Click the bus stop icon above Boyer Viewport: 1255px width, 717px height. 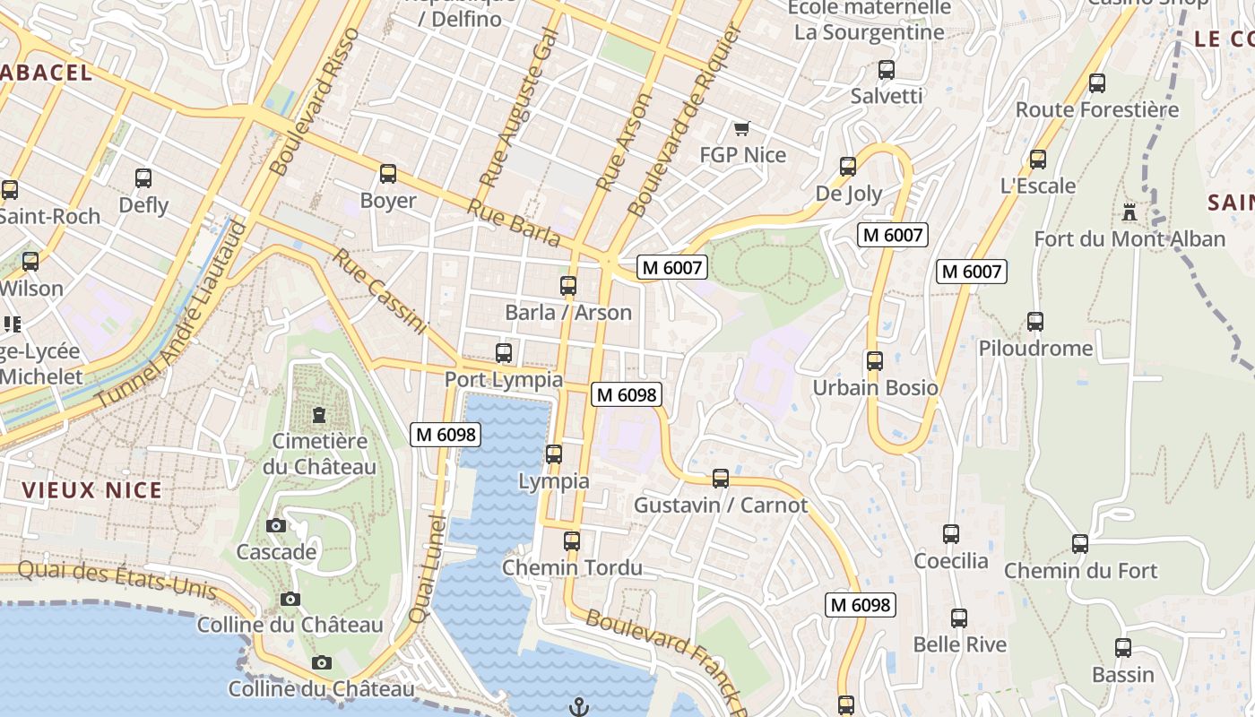point(388,174)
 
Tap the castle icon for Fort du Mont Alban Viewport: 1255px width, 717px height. point(1129,213)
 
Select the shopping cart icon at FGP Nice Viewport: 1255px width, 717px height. point(741,129)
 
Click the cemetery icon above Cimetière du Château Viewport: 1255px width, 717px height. point(318,415)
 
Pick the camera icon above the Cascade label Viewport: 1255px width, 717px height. point(276,526)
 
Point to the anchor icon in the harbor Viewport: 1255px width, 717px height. point(578,707)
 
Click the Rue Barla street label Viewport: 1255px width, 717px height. point(514,221)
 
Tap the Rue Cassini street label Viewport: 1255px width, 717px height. point(380,292)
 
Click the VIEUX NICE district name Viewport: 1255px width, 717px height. point(92,490)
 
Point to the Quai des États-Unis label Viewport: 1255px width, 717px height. point(117,579)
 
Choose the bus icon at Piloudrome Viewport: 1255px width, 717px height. point(1035,322)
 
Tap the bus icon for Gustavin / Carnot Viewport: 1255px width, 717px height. point(721,479)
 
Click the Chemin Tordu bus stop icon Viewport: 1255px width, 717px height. point(572,541)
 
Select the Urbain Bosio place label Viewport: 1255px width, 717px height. point(875,388)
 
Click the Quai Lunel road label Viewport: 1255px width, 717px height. point(428,569)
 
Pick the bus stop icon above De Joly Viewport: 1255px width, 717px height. point(848,167)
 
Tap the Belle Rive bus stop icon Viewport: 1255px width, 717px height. point(959,618)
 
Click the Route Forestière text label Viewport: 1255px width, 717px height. point(1097,110)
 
